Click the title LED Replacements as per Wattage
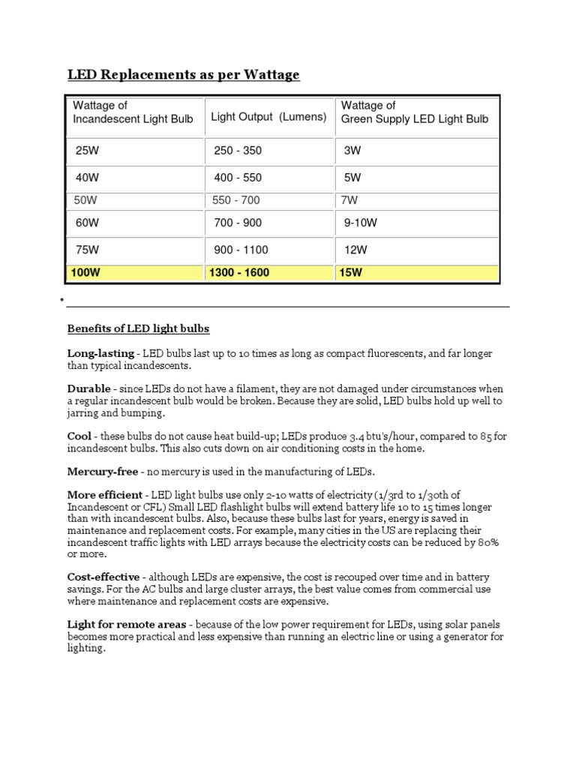point(184,74)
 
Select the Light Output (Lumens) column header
point(268,117)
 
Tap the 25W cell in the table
point(87,151)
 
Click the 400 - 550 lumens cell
point(238,178)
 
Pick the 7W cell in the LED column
point(350,200)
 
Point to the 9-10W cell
point(360,223)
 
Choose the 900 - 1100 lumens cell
point(241,250)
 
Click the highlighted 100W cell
point(84,273)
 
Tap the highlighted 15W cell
point(351,273)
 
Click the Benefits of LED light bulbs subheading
point(139,328)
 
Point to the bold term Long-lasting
point(100,352)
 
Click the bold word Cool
point(79,436)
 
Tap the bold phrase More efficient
point(104,495)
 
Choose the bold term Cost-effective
point(103,577)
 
